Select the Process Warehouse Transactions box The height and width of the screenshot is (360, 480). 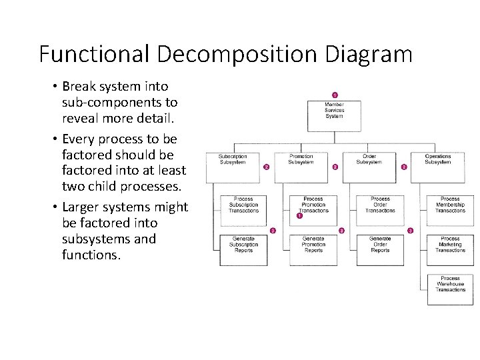[x=450, y=289]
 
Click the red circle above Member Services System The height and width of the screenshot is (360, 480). [x=334, y=95]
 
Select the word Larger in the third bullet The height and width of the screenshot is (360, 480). [x=83, y=207]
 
